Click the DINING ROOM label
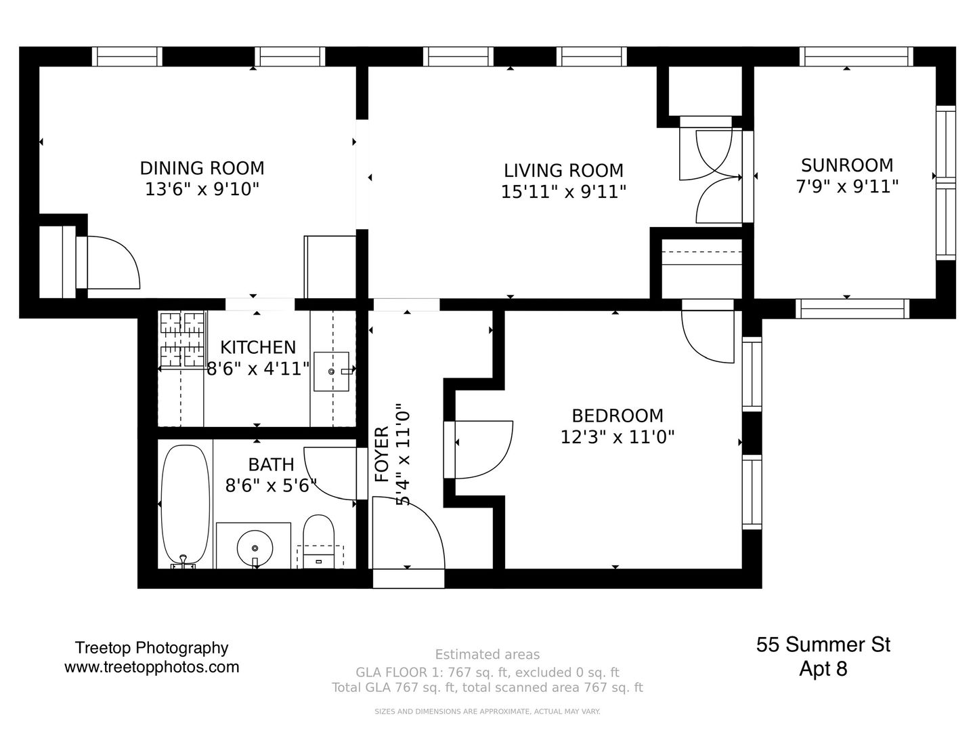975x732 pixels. tap(202, 169)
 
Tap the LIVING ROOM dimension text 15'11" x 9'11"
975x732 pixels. tap(563, 192)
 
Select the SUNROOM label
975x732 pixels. tap(846, 165)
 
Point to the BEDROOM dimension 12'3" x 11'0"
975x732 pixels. tap(617, 437)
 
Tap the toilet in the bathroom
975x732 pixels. tap(318, 542)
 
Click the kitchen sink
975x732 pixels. tap(331, 371)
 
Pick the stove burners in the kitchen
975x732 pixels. tap(183, 340)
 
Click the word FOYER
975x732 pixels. tap(382, 454)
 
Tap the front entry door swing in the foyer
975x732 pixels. tap(408, 533)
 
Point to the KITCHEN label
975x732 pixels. tap(258, 347)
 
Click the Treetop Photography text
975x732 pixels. tap(152, 649)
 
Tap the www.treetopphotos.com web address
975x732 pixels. tap(152, 667)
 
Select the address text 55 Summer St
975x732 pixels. tap(823, 645)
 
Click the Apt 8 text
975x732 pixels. tap(823, 668)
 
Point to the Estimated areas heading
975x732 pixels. tap(487, 655)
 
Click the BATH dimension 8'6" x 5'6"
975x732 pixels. tap(271, 486)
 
